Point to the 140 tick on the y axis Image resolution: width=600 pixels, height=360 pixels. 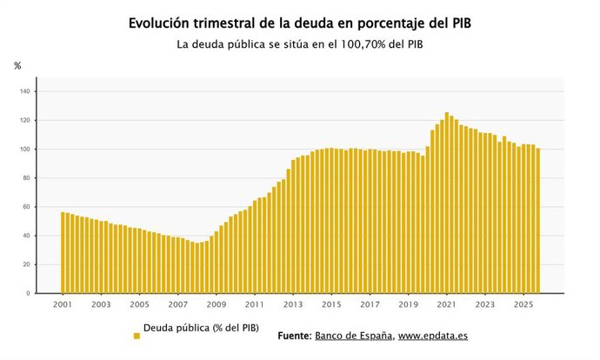pyautogui.click(x=24, y=91)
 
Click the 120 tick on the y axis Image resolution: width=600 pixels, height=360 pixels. pyautogui.click(x=24, y=120)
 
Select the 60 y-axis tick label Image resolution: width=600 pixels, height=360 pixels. pyautogui.click(x=26, y=207)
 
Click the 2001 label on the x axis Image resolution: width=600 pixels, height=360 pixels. pyautogui.click(x=62, y=305)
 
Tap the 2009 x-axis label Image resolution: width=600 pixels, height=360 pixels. pyautogui.click(x=217, y=305)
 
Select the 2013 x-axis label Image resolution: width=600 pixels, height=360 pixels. pyautogui.click(x=293, y=305)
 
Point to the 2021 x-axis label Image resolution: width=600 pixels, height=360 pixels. pyautogui.click(x=446, y=305)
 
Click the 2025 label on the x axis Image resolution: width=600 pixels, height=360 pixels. pyautogui.click(x=523, y=305)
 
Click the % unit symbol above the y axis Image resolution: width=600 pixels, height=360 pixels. pyautogui.click(x=17, y=66)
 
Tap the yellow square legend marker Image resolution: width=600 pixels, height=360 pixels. pyautogui.click(x=137, y=336)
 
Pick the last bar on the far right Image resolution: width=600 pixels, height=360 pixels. pyautogui.click(x=537, y=221)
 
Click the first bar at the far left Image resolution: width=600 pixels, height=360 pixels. pyautogui.click(x=63, y=252)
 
